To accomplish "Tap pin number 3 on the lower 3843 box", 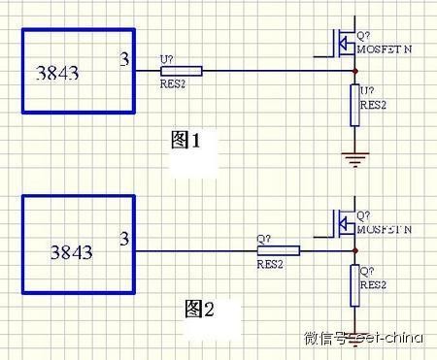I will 123,238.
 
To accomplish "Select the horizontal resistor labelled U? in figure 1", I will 182,71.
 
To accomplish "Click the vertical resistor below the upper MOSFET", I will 353,105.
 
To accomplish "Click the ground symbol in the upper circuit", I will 353,157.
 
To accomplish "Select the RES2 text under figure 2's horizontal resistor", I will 270,263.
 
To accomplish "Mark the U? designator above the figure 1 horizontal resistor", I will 165,59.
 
